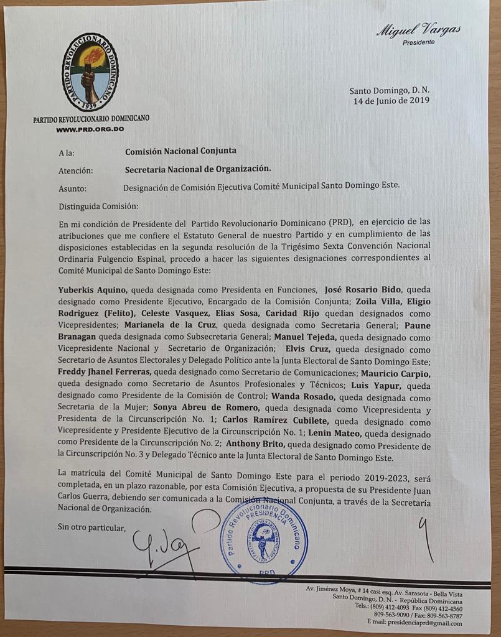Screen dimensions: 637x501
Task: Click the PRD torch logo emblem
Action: click(x=91, y=73)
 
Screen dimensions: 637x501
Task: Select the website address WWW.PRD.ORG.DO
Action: click(x=90, y=129)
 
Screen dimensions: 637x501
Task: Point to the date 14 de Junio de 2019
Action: click(x=391, y=100)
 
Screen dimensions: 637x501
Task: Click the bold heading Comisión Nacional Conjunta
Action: click(x=180, y=151)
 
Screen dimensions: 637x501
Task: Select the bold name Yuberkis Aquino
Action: click(x=93, y=289)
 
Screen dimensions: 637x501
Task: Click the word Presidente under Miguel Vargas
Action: click(x=418, y=42)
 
